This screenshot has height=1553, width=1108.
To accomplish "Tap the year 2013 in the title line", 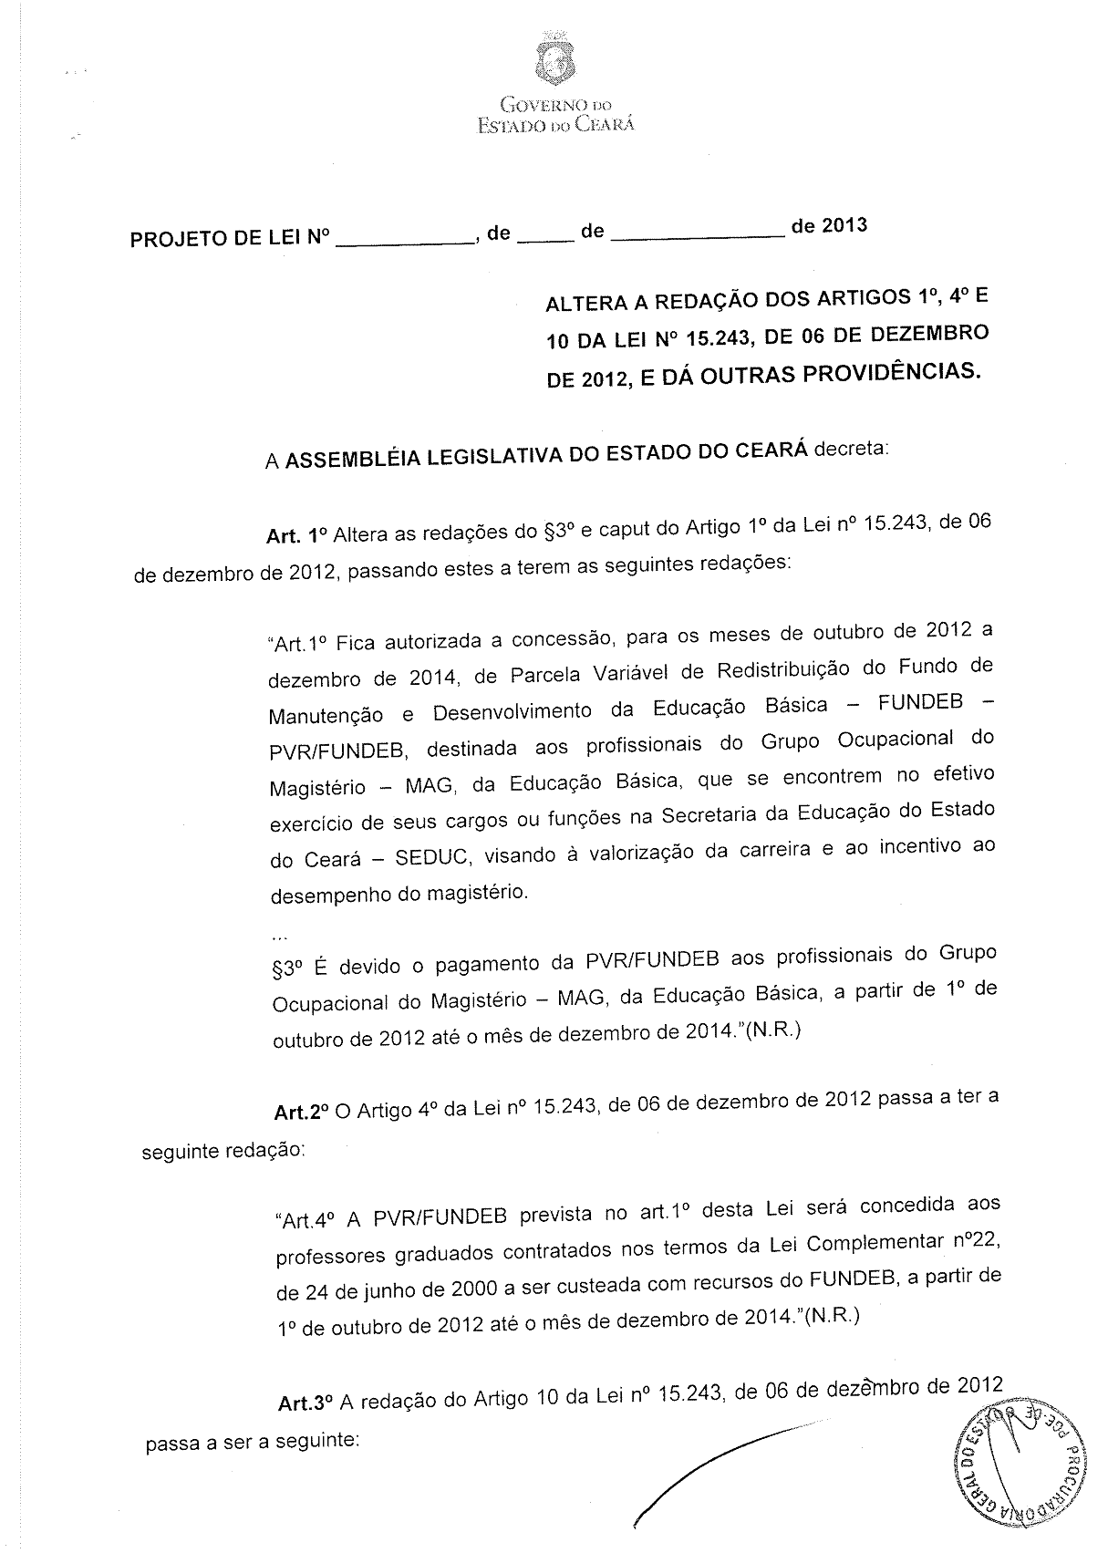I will pos(843,225).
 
